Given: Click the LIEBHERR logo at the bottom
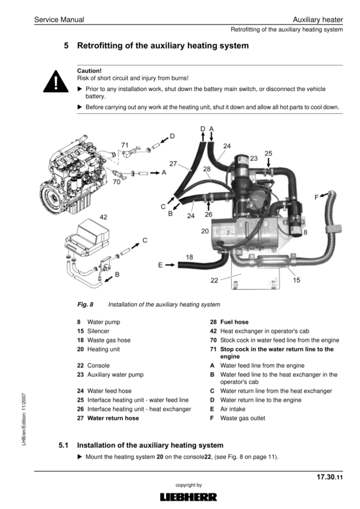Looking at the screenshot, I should pos(189,497).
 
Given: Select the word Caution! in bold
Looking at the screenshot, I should pos(90,70).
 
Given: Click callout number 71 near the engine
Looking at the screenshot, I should pos(125,145).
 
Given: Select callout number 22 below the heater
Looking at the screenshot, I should pos(214,280).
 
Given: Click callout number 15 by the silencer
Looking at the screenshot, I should pos(296,280).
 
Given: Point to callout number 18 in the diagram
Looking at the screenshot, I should pos(189,257).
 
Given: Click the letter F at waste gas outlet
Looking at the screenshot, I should pos(317,197).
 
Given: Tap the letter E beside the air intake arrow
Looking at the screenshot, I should pos(160,264).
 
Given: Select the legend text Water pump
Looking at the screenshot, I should pos(104,322).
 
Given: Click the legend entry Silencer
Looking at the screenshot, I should pos(98,331).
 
